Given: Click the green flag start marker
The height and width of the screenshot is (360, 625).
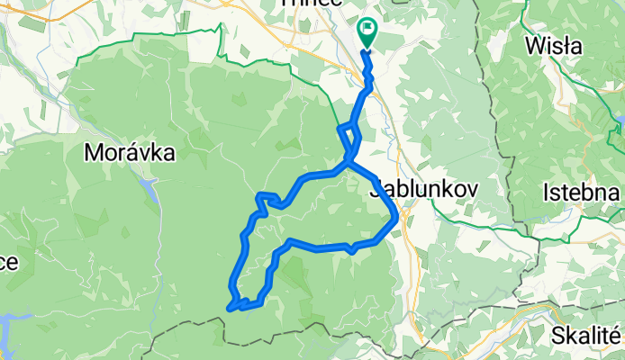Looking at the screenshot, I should [x=367, y=32].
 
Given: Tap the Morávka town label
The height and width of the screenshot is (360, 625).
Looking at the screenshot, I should [x=130, y=154].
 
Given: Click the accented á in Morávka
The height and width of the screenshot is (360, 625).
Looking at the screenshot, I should [x=130, y=153].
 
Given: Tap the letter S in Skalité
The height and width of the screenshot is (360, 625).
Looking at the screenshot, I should [x=558, y=335].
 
